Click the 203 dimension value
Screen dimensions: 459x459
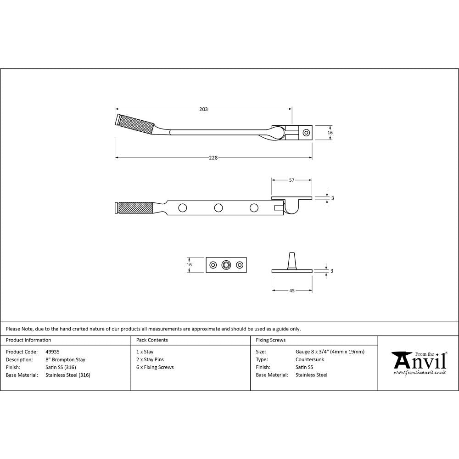pyautogui.click(x=203, y=109)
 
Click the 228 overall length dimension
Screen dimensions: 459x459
pyautogui.click(x=213, y=157)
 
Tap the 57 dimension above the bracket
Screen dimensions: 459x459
pyautogui.click(x=291, y=180)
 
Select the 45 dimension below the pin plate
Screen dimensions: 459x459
pyautogui.click(x=291, y=291)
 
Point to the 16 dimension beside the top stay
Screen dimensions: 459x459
pyautogui.click(x=330, y=133)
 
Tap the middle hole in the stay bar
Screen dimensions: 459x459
pyautogui.click(x=218, y=208)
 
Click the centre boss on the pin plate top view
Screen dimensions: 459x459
pyautogui.click(x=225, y=265)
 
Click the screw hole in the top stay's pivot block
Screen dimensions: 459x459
pyautogui.click(x=306, y=133)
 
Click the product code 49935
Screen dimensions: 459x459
pyautogui.click(x=53, y=352)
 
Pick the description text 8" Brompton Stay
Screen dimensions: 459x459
pyautogui.click(x=65, y=360)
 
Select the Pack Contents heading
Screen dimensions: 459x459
pyautogui.click(x=152, y=340)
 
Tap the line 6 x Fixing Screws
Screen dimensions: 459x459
pyautogui.click(x=155, y=367)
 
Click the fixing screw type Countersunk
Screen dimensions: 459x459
pyautogui.click(x=310, y=360)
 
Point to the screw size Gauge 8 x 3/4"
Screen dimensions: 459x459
pyautogui.click(x=330, y=352)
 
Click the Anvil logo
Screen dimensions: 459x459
pyautogui.click(x=419, y=363)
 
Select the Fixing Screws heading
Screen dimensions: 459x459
pyautogui.click(x=270, y=340)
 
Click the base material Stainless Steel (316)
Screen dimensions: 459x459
pyautogui.click(x=68, y=375)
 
